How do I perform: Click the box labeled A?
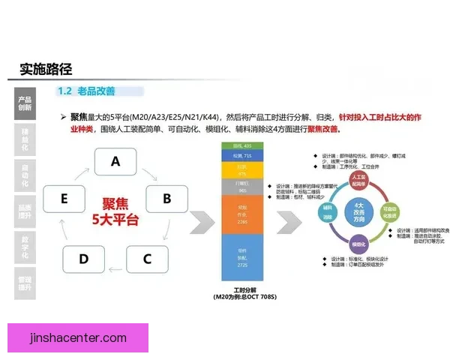point(115,160)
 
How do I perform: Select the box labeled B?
point(166,199)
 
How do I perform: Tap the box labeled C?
point(147,259)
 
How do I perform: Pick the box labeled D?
point(83,259)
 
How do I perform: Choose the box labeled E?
point(65,199)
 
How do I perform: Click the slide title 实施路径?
point(46,69)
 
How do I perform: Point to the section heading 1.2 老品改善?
point(86,91)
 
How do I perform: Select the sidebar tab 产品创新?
point(25,103)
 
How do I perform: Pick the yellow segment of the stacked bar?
point(241,169)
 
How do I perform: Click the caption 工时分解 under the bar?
point(241,291)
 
